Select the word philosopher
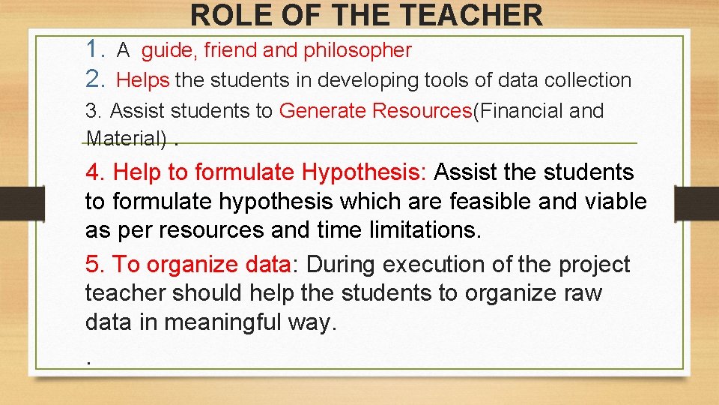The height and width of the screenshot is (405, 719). [x=357, y=50]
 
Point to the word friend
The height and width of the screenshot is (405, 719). [x=230, y=50]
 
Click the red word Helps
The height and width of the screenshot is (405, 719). [x=143, y=79]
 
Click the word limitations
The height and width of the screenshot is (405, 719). [x=424, y=230]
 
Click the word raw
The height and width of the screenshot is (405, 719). [x=583, y=293]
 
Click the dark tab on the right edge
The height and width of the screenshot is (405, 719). [x=697, y=203]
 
